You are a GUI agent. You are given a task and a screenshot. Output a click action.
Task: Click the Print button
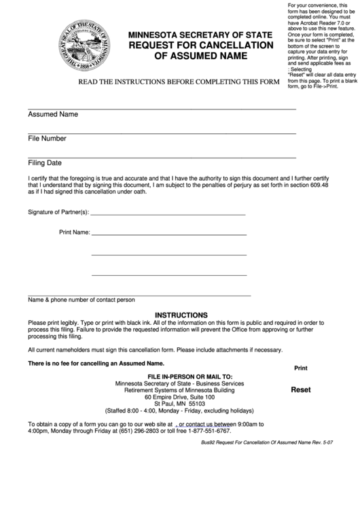click(300, 368)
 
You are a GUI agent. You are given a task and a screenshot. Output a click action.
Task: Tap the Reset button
click(300, 390)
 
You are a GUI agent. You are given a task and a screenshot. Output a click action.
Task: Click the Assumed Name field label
click(53, 114)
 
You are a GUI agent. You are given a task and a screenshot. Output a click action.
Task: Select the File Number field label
click(47, 139)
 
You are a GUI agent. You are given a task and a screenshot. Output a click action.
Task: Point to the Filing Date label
click(45, 163)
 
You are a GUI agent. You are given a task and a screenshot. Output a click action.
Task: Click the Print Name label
click(74, 232)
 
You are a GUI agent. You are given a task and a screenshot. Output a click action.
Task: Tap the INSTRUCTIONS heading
click(181, 315)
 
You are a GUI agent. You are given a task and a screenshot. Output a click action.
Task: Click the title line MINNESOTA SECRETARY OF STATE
click(195, 34)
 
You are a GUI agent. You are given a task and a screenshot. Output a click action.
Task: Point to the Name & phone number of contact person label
click(81, 300)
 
